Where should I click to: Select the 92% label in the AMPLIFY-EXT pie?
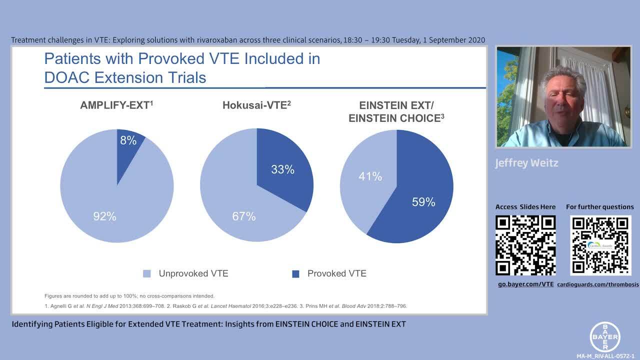point(104,216)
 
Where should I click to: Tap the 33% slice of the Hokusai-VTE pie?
point(282,169)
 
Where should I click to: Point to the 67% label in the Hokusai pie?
point(243,216)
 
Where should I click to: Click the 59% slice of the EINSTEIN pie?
point(423,202)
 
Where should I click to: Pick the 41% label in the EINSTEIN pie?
point(370,176)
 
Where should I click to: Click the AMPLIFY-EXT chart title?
point(114,106)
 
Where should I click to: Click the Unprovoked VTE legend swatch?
point(147,273)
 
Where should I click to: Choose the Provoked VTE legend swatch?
point(295,273)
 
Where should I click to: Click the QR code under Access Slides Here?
point(525,245)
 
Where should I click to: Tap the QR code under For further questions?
point(600,245)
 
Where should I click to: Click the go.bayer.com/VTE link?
point(525,284)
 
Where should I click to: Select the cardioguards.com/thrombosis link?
point(598,284)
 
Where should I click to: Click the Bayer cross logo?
point(605,336)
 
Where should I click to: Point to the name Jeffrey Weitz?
point(526,163)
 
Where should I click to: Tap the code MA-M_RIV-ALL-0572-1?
point(605,356)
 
